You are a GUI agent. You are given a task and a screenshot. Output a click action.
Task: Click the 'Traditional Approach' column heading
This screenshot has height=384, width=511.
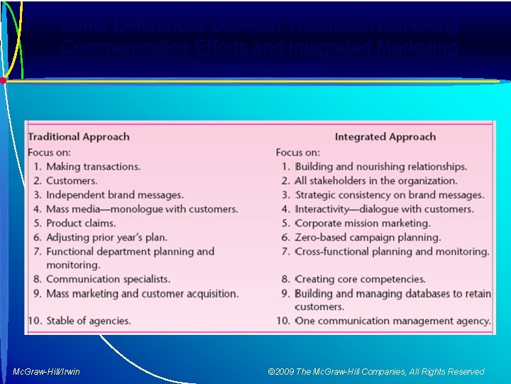(78, 137)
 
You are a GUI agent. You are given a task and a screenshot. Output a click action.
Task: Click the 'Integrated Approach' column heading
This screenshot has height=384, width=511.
(385, 137)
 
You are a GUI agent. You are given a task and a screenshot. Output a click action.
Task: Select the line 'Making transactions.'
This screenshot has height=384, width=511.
(93, 166)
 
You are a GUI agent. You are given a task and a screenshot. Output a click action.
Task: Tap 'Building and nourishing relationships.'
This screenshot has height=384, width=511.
(381, 166)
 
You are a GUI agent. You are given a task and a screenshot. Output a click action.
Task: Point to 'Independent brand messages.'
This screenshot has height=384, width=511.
(114, 195)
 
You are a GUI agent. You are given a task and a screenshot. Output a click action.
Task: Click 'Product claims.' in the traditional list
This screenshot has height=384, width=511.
(81, 223)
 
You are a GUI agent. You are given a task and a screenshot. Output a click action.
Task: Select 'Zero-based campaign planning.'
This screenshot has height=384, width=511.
(368, 238)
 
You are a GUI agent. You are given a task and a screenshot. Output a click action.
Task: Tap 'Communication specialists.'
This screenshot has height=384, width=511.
(108, 279)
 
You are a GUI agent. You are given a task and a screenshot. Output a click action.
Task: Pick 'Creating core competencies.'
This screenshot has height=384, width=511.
(360, 279)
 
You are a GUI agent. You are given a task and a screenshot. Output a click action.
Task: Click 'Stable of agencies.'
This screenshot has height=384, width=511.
(88, 321)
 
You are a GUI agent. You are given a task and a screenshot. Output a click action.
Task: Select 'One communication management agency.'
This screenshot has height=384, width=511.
(392, 321)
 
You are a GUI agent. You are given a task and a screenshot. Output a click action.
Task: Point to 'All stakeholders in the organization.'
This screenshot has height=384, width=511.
(376, 181)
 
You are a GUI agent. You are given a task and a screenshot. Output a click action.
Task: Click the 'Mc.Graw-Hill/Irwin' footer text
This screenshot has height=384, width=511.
(46, 371)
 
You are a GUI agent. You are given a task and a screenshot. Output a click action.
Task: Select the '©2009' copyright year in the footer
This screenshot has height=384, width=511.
(282, 371)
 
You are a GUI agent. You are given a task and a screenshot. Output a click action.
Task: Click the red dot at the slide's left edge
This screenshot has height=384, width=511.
(3, 80)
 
